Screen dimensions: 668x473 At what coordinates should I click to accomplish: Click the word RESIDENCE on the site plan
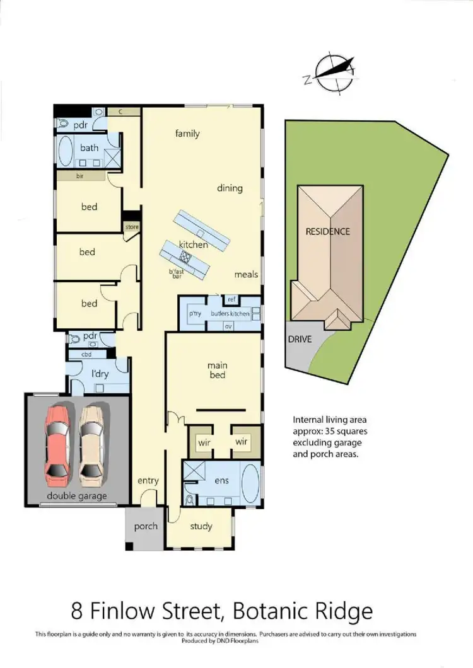(x=327, y=231)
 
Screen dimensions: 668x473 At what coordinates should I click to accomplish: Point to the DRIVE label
(x=300, y=338)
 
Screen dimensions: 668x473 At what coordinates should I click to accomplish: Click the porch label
(x=146, y=526)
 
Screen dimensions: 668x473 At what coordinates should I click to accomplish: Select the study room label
(x=201, y=526)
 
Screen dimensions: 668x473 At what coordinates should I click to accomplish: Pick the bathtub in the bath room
(x=66, y=149)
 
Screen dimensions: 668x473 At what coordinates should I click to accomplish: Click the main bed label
(x=217, y=371)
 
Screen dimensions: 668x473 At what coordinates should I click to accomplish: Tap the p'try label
(x=194, y=313)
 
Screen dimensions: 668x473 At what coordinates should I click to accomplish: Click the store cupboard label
(x=131, y=227)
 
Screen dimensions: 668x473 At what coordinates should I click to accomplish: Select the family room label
(x=187, y=133)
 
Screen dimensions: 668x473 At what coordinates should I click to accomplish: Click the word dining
(x=230, y=188)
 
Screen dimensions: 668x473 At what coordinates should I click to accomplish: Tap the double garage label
(x=77, y=496)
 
